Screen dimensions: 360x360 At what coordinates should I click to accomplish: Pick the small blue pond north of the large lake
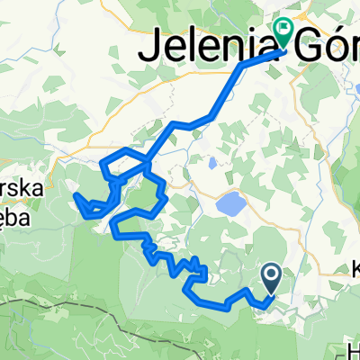tap(211, 165)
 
